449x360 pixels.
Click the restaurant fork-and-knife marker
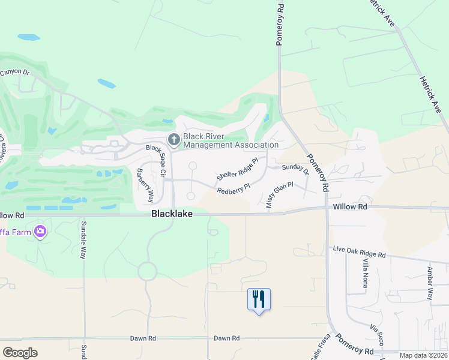coord(259,299)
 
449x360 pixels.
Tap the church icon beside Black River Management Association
coord(174,140)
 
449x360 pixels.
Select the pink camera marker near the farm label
coord(40,231)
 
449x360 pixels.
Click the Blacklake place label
coord(172,214)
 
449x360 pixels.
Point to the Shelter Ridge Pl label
coord(238,169)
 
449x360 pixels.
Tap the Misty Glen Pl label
coord(279,195)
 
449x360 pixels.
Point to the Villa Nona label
coord(364,272)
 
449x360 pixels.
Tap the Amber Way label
coord(430,283)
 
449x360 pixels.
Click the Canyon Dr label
coord(15,72)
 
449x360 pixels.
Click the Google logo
coord(20,353)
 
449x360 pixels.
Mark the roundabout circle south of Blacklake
coord(147,271)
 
